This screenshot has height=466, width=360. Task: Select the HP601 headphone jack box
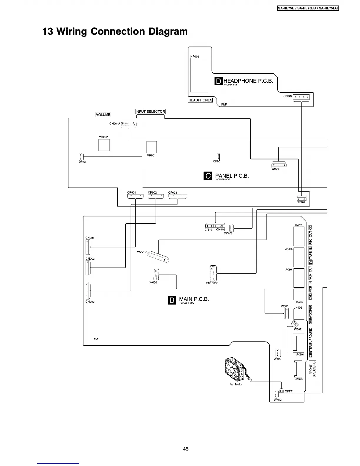(x=199, y=75)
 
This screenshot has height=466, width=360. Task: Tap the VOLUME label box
(x=103, y=114)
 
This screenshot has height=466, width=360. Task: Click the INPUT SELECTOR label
(x=150, y=111)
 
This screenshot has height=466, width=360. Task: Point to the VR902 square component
(x=104, y=145)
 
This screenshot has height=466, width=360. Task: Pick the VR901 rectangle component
(x=151, y=147)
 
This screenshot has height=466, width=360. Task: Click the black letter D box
(x=219, y=81)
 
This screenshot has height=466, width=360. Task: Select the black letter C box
(x=208, y=176)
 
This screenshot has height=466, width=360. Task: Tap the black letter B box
(x=172, y=300)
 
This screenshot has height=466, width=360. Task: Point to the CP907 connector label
(x=301, y=202)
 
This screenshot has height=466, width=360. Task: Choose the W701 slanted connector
(x=157, y=256)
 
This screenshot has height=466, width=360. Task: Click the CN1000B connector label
(x=212, y=283)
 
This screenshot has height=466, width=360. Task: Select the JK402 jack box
(x=299, y=236)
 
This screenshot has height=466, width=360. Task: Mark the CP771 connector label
(x=289, y=391)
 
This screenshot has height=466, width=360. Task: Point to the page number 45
(x=186, y=449)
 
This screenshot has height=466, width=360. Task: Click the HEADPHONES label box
(x=200, y=100)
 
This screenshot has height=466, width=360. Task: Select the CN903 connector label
(x=90, y=302)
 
